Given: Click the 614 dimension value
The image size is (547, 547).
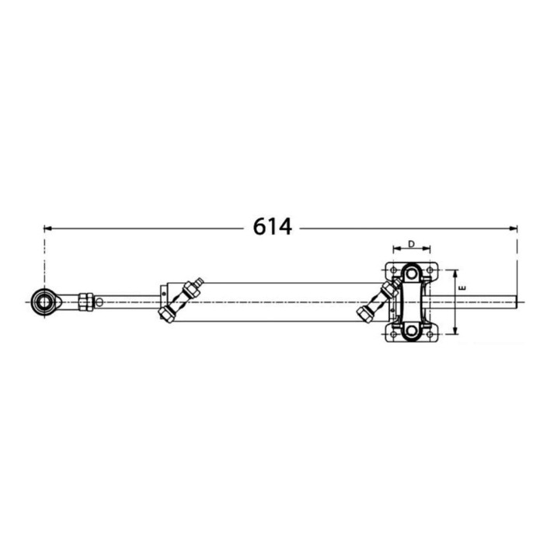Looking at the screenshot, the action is tap(272, 227).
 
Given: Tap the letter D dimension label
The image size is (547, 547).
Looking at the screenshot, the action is tap(411, 244).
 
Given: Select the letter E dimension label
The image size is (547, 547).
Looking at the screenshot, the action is tap(463, 287).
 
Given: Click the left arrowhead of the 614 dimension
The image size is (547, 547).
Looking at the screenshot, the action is tap(48, 228).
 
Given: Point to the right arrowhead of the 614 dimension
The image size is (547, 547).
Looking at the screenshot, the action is tap(513, 228).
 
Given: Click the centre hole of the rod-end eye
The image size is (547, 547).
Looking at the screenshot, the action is tap(44, 301).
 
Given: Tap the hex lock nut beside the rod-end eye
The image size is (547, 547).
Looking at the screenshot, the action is tap(85, 301).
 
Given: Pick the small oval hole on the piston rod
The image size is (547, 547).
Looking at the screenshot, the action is tap(99, 301).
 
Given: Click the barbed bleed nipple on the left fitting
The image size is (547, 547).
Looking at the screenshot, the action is tap(199, 280).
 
